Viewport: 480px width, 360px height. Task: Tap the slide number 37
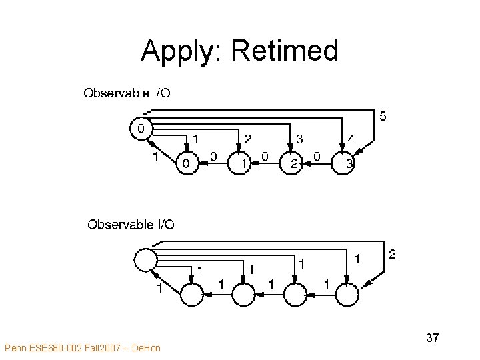(432, 339)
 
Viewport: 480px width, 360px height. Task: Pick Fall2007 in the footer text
(101, 347)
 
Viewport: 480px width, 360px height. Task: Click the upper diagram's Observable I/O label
(126, 93)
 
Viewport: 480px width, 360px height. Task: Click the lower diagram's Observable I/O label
(131, 224)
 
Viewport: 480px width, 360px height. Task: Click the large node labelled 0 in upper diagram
(141, 127)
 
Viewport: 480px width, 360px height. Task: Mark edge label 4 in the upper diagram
(351, 139)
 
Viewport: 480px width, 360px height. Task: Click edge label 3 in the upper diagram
(299, 139)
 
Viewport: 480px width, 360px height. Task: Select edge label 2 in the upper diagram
(247, 139)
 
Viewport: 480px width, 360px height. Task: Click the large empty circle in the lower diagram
(145, 259)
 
